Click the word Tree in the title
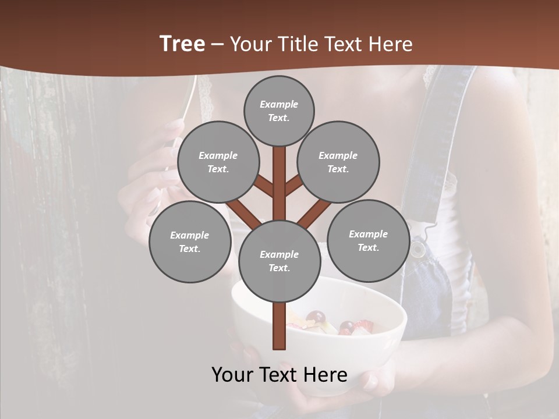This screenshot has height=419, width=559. click(x=182, y=44)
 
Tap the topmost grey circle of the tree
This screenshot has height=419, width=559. click(x=279, y=111)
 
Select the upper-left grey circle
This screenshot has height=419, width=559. click(x=218, y=162)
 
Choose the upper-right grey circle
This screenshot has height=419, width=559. click(x=338, y=162)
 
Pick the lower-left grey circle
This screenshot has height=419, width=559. click(x=190, y=242)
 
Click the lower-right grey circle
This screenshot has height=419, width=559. click(x=368, y=240)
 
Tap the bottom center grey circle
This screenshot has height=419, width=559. click(x=279, y=261)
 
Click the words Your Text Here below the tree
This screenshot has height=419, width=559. click(x=279, y=375)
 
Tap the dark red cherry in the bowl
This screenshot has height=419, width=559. click(x=316, y=318)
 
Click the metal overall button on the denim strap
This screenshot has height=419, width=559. click(x=417, y=250)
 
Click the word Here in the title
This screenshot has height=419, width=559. click(x=391, y=44)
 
